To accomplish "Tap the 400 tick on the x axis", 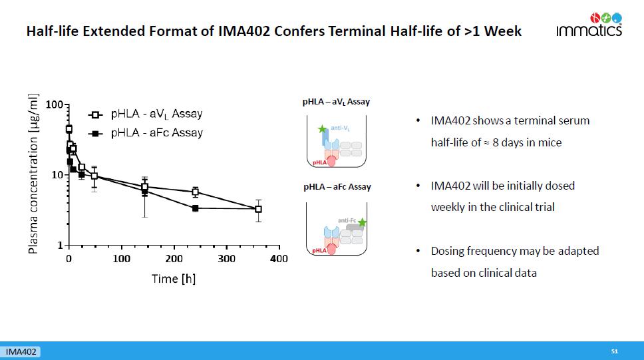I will tap(279, 258).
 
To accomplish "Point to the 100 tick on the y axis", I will tap(54, 104).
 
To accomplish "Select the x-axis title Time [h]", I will tap(174, 278).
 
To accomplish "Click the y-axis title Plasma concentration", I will tap(32, 173).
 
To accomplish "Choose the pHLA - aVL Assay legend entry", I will tap(146, 114).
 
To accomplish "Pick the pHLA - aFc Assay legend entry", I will tap(146, 132).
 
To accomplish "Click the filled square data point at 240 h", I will tap(195, 208).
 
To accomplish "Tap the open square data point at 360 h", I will tap(258, 209).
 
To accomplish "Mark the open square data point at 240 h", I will tap(195, 192).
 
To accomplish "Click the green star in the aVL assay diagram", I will tap(322, 128).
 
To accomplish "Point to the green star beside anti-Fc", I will tap(362, 222).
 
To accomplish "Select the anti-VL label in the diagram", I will tap(341, 126).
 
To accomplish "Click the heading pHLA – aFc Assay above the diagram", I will tap(337, 187).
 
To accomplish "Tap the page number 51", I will tap(615, 351).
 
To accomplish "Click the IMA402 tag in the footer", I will tap(21, 351).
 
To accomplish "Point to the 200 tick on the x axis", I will tap(174, 258).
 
